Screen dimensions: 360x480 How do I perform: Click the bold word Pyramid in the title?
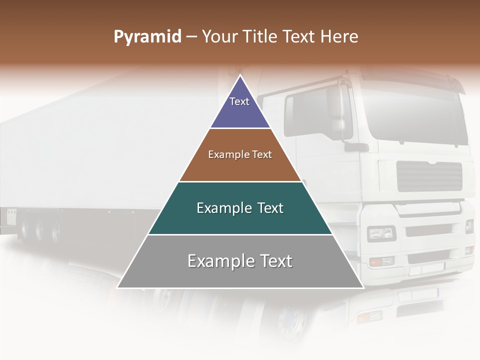pyautogui.click(x=147, y=37)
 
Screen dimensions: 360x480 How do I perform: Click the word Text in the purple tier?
pyautogui.click(x=239, y=101)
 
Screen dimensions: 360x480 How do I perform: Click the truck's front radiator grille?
pyautogui.click(x=429, y=176)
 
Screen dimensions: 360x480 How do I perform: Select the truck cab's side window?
pyautogui.click(x=312, y=112)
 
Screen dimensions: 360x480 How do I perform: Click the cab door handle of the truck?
pyautogui.click(x=356, y=147)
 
